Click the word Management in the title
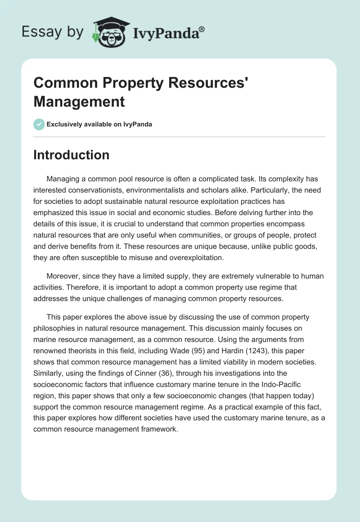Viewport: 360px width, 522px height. tap(79, 101)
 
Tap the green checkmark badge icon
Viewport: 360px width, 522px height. tap(39, 124)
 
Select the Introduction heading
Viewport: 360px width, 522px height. tap(71, 155)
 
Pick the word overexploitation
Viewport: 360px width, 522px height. tap(189, 258)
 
